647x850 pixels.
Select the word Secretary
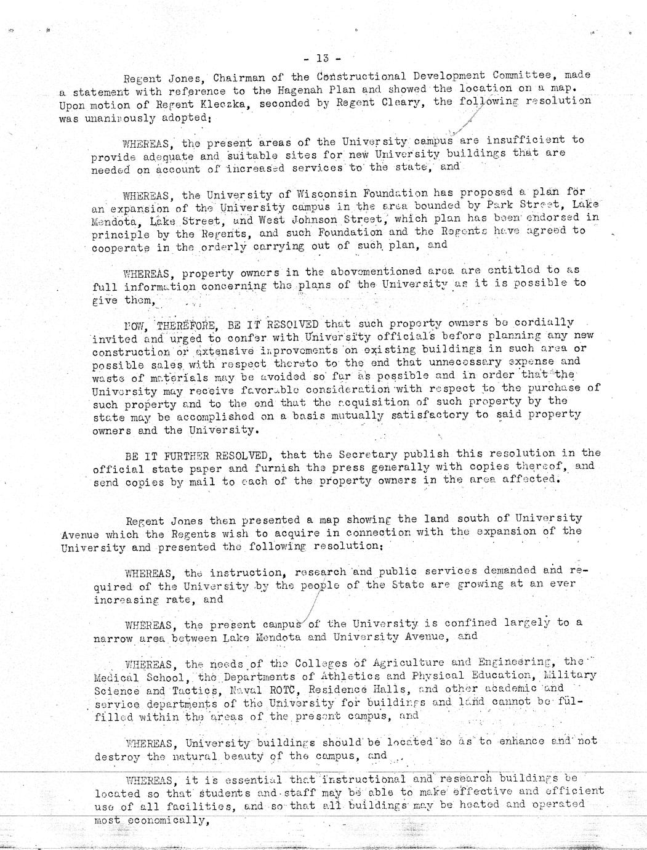352,455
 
